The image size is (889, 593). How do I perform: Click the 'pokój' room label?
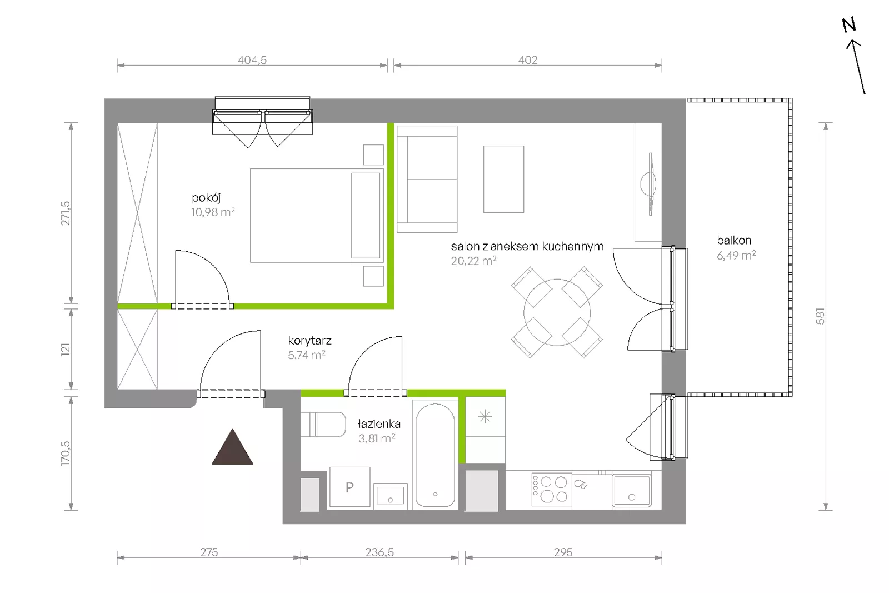click(206, 198)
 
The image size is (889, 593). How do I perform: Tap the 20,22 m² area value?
click(473, 261)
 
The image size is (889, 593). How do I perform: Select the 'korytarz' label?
click(309, 341)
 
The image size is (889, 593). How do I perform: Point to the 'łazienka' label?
click(379, 424)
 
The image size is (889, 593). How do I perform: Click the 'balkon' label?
click(734, 240)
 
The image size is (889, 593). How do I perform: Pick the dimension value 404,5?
click(252, 60)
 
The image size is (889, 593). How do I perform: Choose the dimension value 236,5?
click(379, 552)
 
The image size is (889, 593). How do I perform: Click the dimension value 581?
click(820, 316)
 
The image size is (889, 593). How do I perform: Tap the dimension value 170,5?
click(66, 454)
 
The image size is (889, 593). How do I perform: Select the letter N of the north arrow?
click(849, 26)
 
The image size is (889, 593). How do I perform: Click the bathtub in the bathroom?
click(435, 455)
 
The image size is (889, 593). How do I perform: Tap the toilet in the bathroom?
click(323, 424)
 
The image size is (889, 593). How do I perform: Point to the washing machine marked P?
click(349, 487)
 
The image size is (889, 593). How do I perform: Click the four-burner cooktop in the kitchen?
click(552, 490)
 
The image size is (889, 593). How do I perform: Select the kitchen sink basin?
click(631, 490)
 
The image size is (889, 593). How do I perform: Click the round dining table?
click(557, 312)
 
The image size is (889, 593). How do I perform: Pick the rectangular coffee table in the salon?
click(503, 179)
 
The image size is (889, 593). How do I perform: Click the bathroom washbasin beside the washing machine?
click(391, 496)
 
